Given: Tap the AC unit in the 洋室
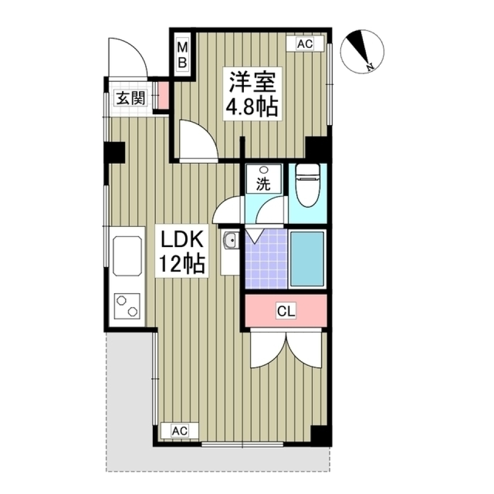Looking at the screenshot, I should point(305,45).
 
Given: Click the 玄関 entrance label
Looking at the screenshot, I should point(129,98).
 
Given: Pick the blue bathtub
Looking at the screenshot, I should point(307,258).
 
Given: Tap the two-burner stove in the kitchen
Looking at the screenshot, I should point(128,306).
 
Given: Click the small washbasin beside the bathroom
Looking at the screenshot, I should point(230,240).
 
